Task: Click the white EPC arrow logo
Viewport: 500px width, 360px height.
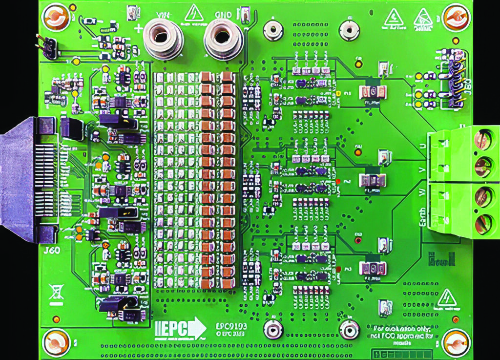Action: [x=180, y=328]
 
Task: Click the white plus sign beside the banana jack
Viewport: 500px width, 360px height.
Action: [x=139, y=28]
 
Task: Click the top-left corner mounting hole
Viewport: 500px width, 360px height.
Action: [x=56, y=18]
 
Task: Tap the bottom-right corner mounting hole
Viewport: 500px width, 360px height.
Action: [x=456, y=341]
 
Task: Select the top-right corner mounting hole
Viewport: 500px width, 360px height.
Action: [x=456, y=18]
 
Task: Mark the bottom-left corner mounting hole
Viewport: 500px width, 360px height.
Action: [x=56, y=341]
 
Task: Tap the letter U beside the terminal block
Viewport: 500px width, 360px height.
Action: [x=423, y=146]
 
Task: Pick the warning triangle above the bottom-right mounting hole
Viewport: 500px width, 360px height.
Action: [x=446, y=298]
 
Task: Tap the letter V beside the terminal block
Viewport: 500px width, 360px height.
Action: [x=423, y=169]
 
